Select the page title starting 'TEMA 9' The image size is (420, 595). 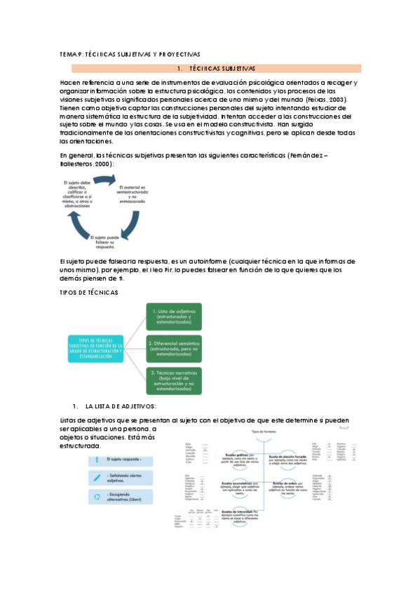pos(130,53)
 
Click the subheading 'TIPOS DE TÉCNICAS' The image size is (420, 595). pos(89,292)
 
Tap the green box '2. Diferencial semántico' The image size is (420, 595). pos(173,347)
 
